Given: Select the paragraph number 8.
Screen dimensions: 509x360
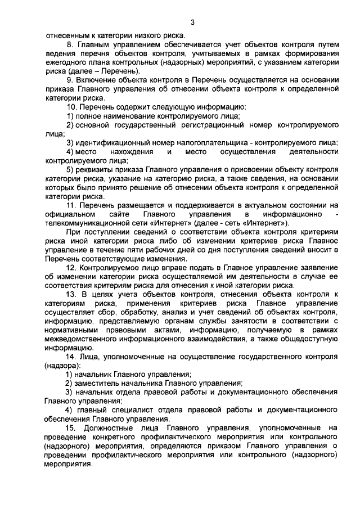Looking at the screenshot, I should [69, 44].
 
